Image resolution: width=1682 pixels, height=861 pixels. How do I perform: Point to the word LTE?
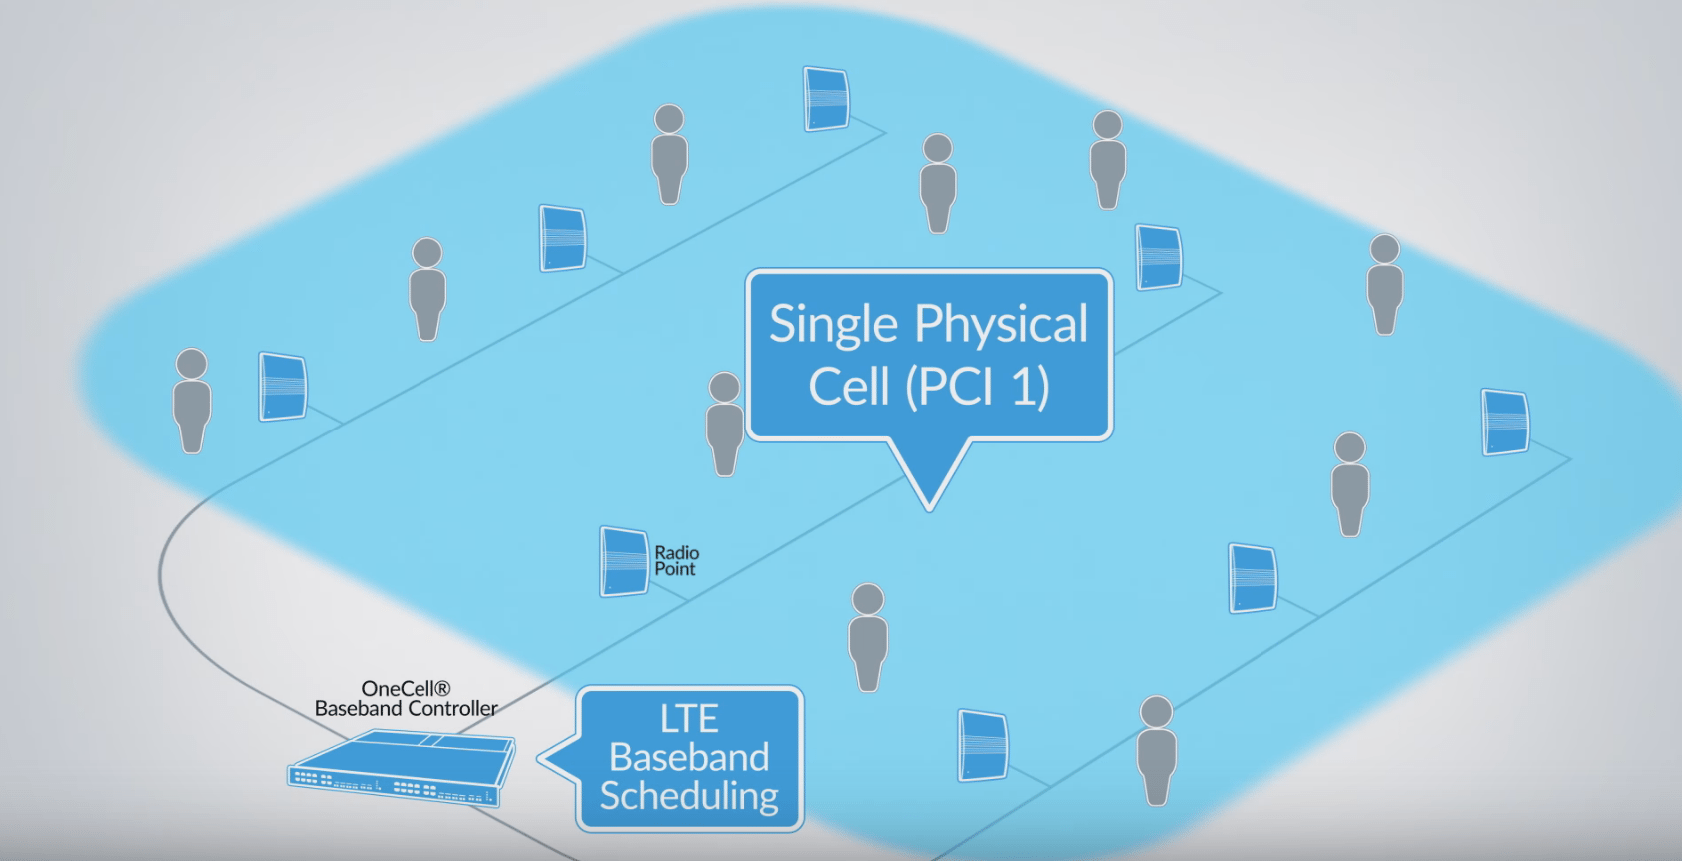coord(689,719)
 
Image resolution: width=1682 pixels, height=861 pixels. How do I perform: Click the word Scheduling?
coord(689,796)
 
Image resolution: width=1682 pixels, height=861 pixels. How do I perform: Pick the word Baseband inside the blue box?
coord(689,757)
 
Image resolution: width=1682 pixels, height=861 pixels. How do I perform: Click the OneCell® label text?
coord(406,689)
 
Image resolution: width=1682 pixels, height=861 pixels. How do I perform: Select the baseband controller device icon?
coord(402,767)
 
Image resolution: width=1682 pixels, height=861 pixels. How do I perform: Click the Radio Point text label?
coord(676,561)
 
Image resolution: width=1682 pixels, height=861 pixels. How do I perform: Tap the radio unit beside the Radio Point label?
coord(624,561)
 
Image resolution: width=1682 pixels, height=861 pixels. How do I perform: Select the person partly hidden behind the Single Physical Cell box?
coord(724,425)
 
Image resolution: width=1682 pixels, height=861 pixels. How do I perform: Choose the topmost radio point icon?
coord(826,99)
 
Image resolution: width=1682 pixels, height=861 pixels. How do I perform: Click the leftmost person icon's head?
coord(191,363)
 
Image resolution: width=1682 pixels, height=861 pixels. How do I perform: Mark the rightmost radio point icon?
coord(1504,422)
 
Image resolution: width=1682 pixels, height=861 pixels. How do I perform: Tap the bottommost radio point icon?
coord(983,745)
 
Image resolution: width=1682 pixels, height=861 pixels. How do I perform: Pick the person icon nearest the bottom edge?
coord(1156,749)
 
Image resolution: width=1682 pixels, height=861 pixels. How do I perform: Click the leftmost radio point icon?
coord(283,386)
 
